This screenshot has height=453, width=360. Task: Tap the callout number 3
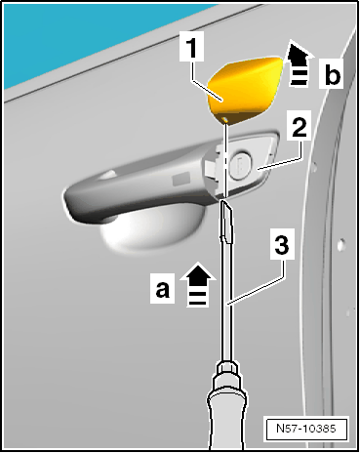point(282,244)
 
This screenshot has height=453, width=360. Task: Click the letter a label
point(163,289)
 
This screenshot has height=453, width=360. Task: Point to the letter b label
point(332,74)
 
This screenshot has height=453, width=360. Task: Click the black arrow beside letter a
point(198,285)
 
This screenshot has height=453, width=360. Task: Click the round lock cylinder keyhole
point(240,166)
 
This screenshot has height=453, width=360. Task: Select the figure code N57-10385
point(305,428)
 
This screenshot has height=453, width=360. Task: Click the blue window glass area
point(81,36)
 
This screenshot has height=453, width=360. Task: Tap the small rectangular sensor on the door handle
point(180,179)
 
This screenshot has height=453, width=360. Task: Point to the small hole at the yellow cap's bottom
point(225,119)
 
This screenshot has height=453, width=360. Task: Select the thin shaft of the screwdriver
point(226,300)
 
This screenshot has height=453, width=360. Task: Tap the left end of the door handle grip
point(70,202)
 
